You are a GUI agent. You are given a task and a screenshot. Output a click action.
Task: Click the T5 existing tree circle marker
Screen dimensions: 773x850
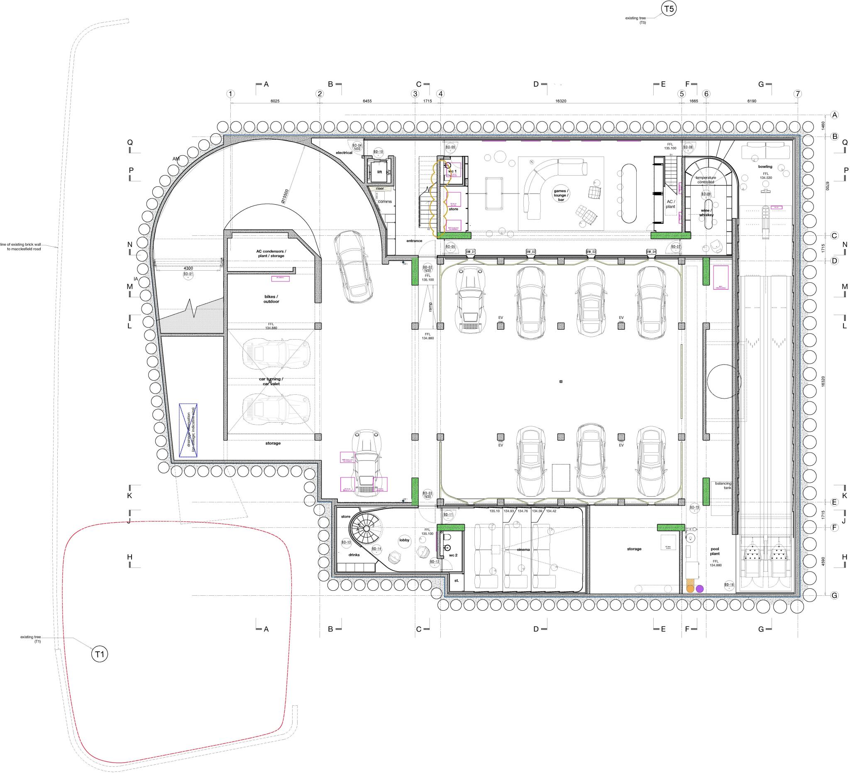pos(669,8)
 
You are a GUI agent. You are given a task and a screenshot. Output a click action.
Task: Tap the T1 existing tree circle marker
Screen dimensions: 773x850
pos(100,654)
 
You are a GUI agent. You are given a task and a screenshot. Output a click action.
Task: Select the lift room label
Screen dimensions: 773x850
pos(379,172)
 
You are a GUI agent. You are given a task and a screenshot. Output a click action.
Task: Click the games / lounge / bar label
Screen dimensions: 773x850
pos(561,195)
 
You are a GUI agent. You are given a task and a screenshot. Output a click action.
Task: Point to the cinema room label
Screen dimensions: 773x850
pos(523,550)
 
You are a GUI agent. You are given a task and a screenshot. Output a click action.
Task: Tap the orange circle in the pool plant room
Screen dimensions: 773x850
pos(690,588)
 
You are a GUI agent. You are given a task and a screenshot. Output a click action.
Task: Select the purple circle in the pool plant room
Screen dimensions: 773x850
pos(700,589)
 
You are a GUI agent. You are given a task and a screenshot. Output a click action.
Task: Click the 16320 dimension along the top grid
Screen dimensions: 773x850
pos(560,101)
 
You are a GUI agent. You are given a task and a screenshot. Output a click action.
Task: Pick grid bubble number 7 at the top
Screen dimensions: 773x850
pos(797,94)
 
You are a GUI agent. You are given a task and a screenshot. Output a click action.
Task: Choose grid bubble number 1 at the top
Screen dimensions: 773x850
pos(230,94)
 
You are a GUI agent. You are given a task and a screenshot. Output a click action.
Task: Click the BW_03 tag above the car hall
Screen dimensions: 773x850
pos(591,252)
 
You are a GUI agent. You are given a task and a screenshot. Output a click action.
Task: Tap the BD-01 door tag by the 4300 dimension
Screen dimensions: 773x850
pos(188,274)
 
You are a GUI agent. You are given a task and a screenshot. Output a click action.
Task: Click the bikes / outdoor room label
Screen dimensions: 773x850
pos(271,299)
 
